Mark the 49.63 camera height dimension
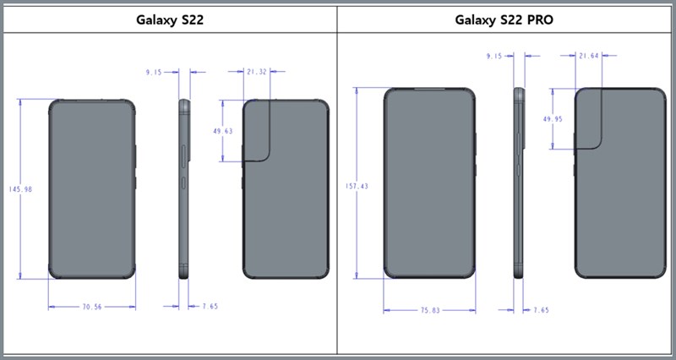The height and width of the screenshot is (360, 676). (222, 132)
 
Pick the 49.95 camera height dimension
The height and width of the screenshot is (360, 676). (553, 120)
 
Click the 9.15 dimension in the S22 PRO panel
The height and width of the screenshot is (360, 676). (494, 56)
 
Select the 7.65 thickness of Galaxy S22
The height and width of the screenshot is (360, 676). (207, 307)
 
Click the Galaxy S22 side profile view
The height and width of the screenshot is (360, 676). (184, 189)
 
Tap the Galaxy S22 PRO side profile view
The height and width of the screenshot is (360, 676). (518, 183)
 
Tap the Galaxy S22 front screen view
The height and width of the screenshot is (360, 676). (91, 189)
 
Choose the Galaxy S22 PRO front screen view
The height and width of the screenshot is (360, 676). (429, 183)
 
